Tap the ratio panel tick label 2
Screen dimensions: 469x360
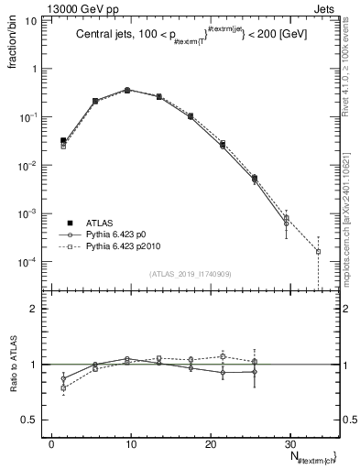point(38,309)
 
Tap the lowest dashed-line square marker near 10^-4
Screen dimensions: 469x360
point(318,251)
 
